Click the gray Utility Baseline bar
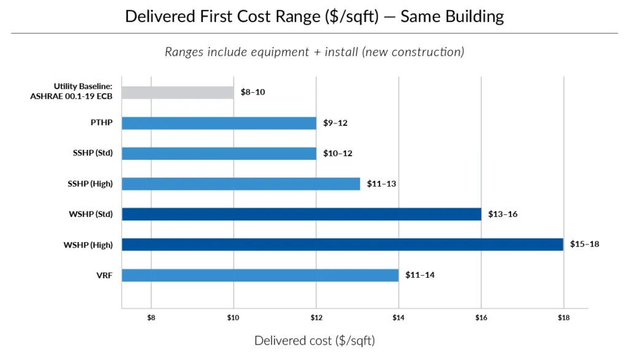click(178, 93)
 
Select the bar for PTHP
click(219, 123)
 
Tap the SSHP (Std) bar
click(219, 153)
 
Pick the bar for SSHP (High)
click(241, 184)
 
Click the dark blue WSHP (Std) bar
click(301, 214)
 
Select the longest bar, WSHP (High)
click(342, 245)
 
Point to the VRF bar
click(260, 275)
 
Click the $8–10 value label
click(252, 93)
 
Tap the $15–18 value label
click(584, 245)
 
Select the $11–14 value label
click(420, 275)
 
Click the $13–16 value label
click(502, 214)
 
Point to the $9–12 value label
click(335, 123)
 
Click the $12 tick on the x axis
click(316, 318)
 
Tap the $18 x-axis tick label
click(563, 318)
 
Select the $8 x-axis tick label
click(151, 318)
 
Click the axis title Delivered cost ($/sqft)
click(314, 340)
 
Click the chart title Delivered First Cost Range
click(314, 16)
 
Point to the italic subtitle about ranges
click(314, 52)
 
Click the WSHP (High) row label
click(88, 245)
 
